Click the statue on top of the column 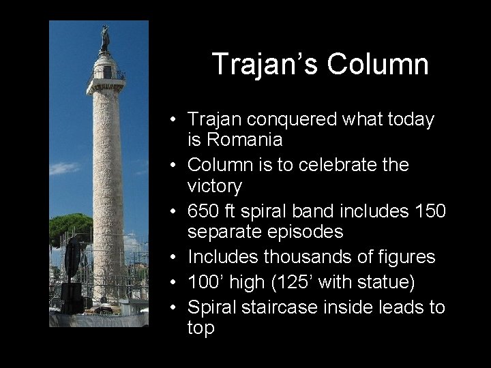point(104,38)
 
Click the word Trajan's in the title point(265,64)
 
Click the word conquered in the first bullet point(280,119)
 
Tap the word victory point(215,185)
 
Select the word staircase point(295,307)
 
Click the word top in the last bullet point(201,328)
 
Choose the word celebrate point(331,165)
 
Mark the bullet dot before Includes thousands point(175,258)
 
